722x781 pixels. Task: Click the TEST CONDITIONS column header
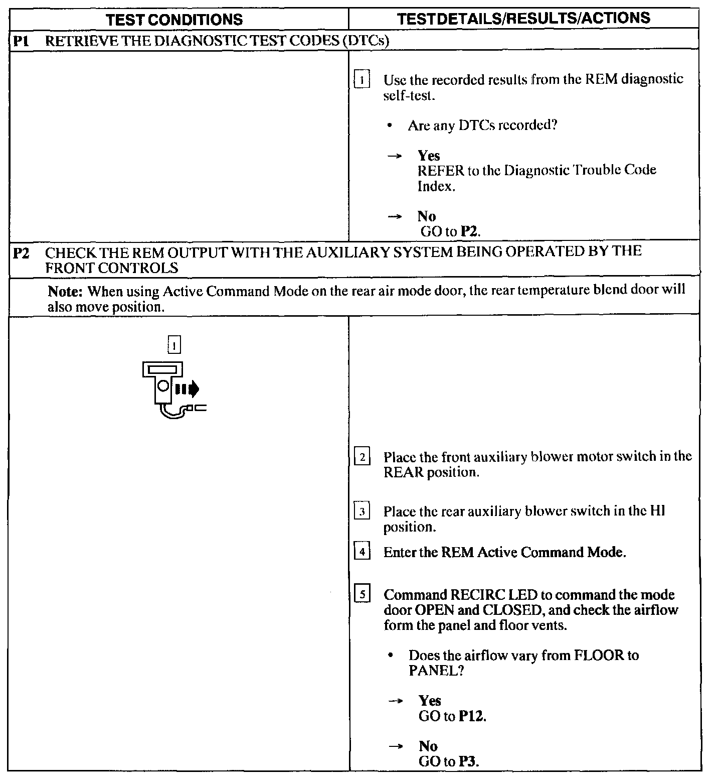click(175, 20)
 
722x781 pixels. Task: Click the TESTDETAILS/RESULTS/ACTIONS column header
click(523, 18)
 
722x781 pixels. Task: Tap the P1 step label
click(20, 41)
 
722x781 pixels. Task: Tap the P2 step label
click(21, 252)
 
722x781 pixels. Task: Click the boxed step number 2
click(362, 457)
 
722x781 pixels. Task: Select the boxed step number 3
click(362, 512)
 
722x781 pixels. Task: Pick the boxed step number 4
click(362, 552)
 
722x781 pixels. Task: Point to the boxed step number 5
click(362, 595)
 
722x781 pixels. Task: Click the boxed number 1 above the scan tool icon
click(174, 345)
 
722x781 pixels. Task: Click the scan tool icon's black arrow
click(192, 388)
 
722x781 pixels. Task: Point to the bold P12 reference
click(471, 716)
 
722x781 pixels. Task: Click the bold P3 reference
click(468, 761)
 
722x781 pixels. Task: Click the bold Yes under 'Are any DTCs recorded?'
click(429, 156)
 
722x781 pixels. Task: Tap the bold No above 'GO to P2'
click(427, 216)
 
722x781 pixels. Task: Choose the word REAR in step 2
click(403, 473)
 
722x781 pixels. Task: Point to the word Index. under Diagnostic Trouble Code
click(436, 187)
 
